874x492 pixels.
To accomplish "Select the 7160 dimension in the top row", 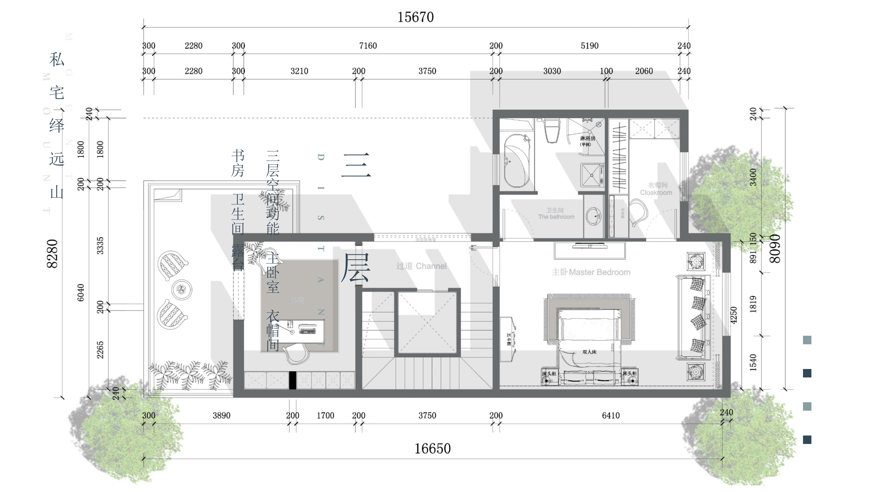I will pos(368,46).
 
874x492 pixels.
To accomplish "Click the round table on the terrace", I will pos(182,290).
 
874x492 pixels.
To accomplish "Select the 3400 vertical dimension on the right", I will pos(753,177).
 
